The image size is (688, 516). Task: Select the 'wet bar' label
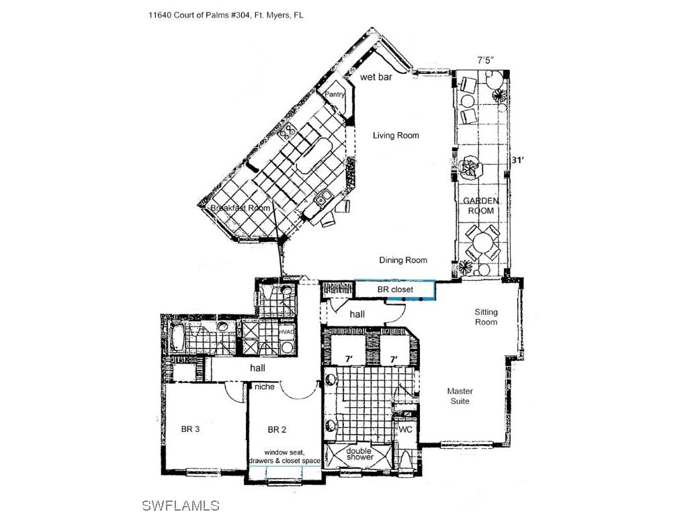[376, 77]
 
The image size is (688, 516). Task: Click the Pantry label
[335, 95]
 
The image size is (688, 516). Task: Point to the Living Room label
[396, 136]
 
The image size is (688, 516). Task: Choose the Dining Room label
[403, 261]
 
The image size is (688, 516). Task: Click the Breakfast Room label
[241, 208]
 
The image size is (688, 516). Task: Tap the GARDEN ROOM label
[480, 206]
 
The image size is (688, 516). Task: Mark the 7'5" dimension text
[485, 60]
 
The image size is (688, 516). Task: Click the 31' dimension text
[517, 161]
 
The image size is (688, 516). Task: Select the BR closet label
[395, 290]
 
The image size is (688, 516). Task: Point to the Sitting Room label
[486, 317]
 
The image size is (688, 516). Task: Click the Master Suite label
[460, 396]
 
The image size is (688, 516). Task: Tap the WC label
[405, 429]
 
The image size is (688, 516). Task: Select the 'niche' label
[263, 386]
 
